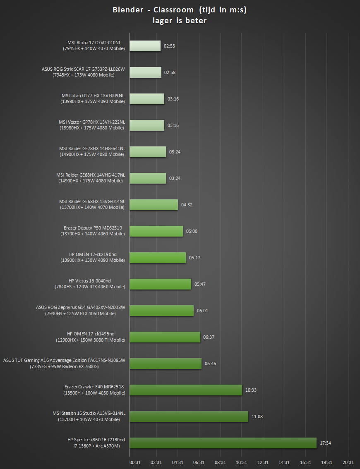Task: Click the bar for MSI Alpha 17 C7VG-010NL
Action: point(145,46)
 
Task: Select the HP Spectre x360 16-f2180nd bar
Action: point(223,443)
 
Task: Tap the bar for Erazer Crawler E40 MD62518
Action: point(186,390)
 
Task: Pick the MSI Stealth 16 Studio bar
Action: point(189,416)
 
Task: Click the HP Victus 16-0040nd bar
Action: point(160,284)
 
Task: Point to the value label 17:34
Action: point(325,443)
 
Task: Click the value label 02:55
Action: point(169,46)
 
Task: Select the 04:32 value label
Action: point(187,205)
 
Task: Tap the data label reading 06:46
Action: point(210,364)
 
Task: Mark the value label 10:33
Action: point(251,390)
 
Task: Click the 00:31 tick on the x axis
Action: point(135,462)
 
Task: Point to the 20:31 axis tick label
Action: point(348,462)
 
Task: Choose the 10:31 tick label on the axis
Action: point(242,462)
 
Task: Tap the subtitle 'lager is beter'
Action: point(180,21)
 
